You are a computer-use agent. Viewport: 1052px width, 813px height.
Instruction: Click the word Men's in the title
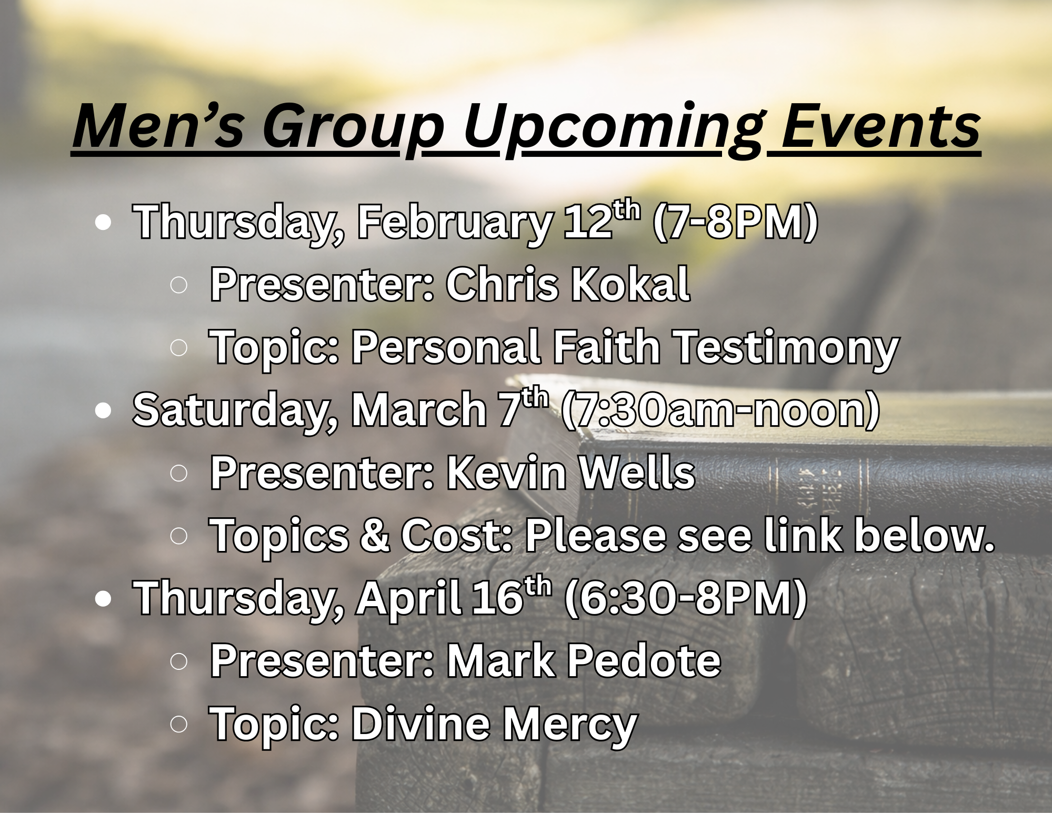tap(158, 126)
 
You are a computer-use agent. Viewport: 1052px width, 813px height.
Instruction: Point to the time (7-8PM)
tap(735, 222)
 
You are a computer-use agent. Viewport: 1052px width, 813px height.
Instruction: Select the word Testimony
tap(787, 348)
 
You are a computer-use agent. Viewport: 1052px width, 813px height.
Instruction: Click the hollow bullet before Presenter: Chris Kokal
tap(179, 285)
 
